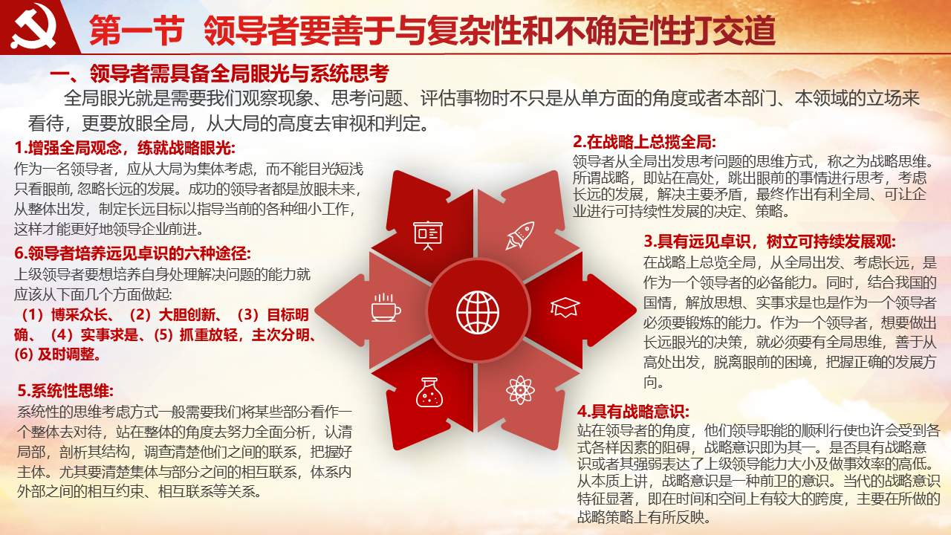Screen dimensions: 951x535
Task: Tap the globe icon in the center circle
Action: [x=478, y=313]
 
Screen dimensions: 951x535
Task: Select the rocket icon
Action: [x=519, y=236]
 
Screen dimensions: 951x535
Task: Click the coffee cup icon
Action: [x=386, y=308]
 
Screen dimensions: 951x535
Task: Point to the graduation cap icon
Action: [x=565, y=307]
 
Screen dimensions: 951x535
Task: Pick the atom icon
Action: [x=520, y=389]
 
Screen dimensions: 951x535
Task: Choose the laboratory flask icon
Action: [x=429, y=392]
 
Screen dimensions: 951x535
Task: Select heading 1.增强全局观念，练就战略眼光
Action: [x=125, y=148]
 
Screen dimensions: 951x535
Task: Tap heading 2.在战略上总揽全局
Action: [x=644, y=142]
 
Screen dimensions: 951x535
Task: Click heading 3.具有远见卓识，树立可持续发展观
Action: [x=770, y=241]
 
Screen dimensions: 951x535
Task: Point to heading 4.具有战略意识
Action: [x=633, y=411]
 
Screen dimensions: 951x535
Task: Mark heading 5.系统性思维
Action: [x=66, y=391]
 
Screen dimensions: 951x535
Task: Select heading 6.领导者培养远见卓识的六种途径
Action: [x=133, y=253]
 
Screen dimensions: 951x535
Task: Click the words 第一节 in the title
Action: [x=136, y=30]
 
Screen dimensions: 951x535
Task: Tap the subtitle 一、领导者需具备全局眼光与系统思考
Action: [x=219, y=74]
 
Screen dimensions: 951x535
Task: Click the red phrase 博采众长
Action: [x=79, y=314]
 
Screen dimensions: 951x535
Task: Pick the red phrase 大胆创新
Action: [x=186, y=314]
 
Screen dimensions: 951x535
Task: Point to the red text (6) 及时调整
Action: [x=58, y=354]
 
